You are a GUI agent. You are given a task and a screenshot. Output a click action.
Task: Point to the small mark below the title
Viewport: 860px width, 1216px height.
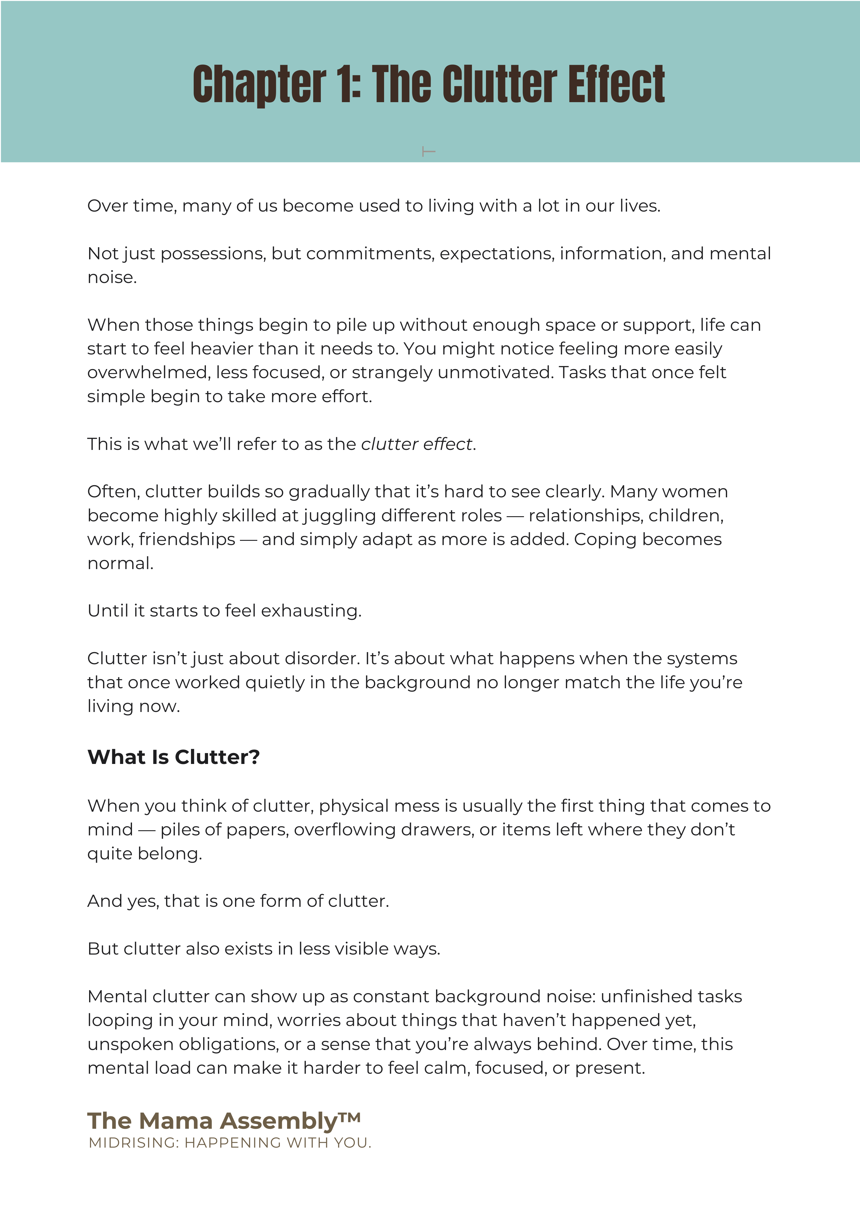[428, 152]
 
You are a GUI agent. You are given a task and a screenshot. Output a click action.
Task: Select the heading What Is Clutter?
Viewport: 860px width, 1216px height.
[173, 757]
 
